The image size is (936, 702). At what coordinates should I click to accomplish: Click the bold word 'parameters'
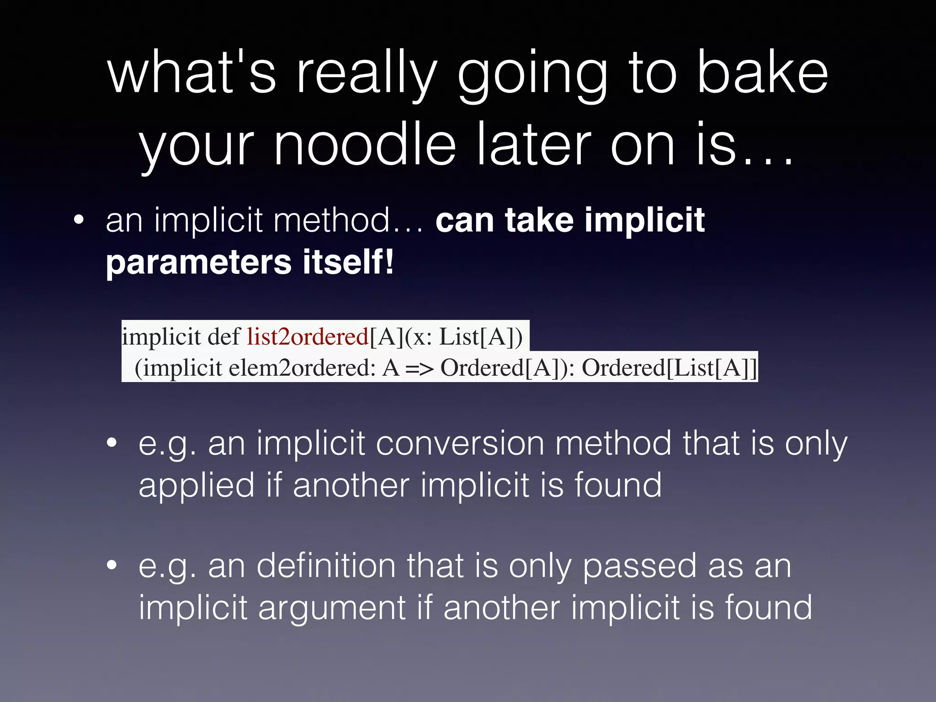[x=198, y=263]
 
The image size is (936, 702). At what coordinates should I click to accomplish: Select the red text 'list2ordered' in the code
[x=308, y=337]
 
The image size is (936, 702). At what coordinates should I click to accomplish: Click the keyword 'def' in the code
[x=223, y=337]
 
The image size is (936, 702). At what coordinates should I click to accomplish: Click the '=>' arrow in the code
[x=419, y=368]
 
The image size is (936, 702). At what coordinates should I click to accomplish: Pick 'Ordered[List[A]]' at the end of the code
[x=670, y=368]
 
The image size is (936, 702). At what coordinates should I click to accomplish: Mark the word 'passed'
[x=640, y=567]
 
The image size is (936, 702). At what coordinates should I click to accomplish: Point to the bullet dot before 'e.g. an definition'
[x=112, y=566]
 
